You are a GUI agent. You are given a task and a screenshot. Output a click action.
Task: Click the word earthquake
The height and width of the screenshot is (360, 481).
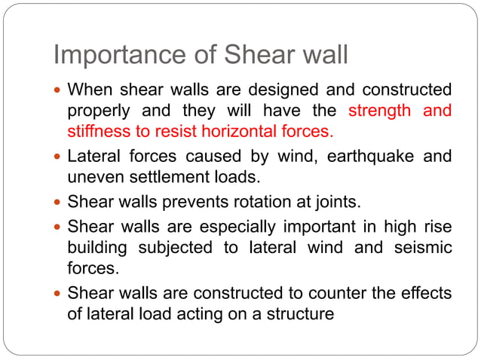point(362,157)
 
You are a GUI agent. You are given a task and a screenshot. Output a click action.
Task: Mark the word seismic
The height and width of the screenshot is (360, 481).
point(423,247)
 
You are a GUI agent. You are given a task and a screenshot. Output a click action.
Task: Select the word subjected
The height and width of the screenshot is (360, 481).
point(170,247)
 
